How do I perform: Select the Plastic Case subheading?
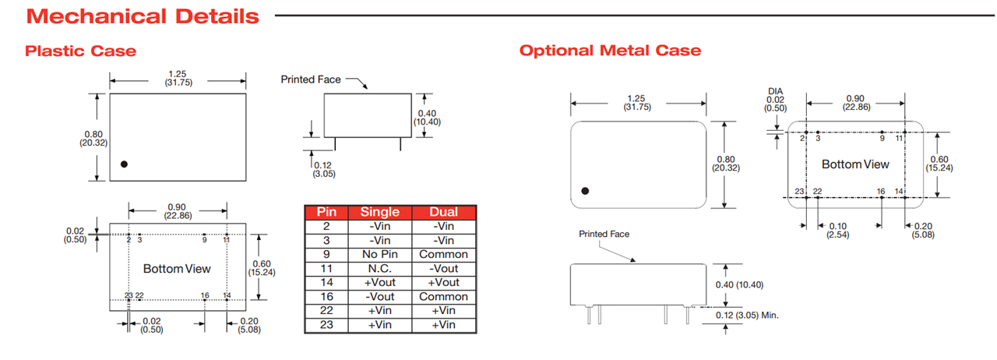(80, 51)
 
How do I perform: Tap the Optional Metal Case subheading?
(610, 51)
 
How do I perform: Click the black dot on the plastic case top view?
(124, 164)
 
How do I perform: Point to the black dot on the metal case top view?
(585, 191)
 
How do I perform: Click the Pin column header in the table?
(326, 212)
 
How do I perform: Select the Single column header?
(379, 212)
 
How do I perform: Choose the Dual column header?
(443, 212)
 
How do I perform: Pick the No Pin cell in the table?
(379, 254)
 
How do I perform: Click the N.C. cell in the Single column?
(379, 268)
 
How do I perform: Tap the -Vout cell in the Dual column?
(443, 268)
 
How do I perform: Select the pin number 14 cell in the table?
(326, 282)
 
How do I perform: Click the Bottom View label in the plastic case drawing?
(177, 269)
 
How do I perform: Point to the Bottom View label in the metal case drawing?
(855, 164)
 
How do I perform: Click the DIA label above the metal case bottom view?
(775, 91)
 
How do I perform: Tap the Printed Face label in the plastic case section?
(309, 79)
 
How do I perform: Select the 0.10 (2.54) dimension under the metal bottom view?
(838, 230)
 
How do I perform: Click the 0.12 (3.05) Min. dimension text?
(746, 315)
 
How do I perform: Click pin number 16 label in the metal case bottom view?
(881, 191)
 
